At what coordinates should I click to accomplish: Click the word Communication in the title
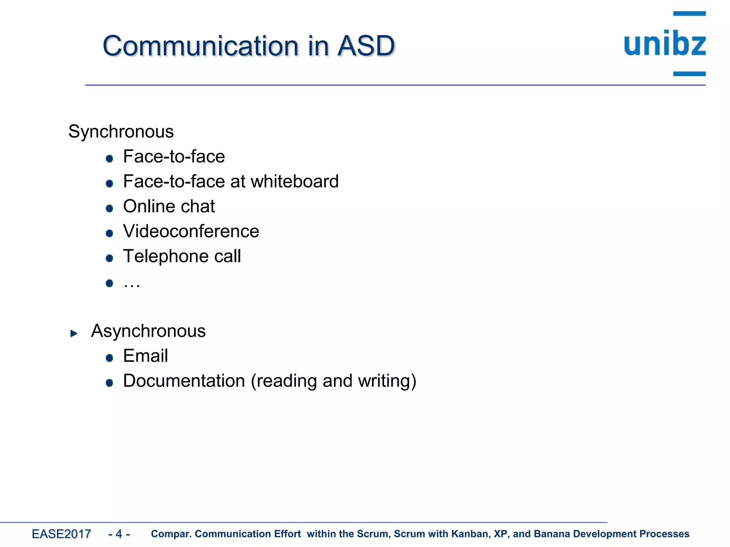pyautogui.click(x=201, y=46)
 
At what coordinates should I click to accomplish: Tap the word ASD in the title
pyautogui.click(x=366, y=46)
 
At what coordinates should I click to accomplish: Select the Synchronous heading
pyautogui.click(x=121, y=131)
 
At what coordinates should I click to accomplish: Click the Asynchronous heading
pyautogui.click(x=148, y=331)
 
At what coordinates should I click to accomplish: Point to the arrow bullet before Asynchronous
pyautogui.click(x=74, y=333)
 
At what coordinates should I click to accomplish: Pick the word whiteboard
pyautogui.click(x=294, y=181)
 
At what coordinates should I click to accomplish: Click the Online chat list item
pyautogui.click(x=169, y=206)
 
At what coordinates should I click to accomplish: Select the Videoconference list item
pyautogui.click(x=191, y=231)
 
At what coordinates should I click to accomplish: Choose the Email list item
pyautogui.click(x=145, y=356)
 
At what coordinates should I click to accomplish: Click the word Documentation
pyautogui.click(x=184, y=381)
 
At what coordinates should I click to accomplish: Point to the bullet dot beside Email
pyautogui.click(x=109, y=358)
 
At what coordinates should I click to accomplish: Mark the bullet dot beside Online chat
pyautogui.click(x=109, y=208)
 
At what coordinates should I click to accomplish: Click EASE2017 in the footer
pyautogui.click(x=61, y=534)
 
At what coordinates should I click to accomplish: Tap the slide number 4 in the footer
pyautogui.click(x=119, y=534)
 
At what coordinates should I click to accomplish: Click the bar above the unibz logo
pyautogui.click(x=689, y=14)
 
